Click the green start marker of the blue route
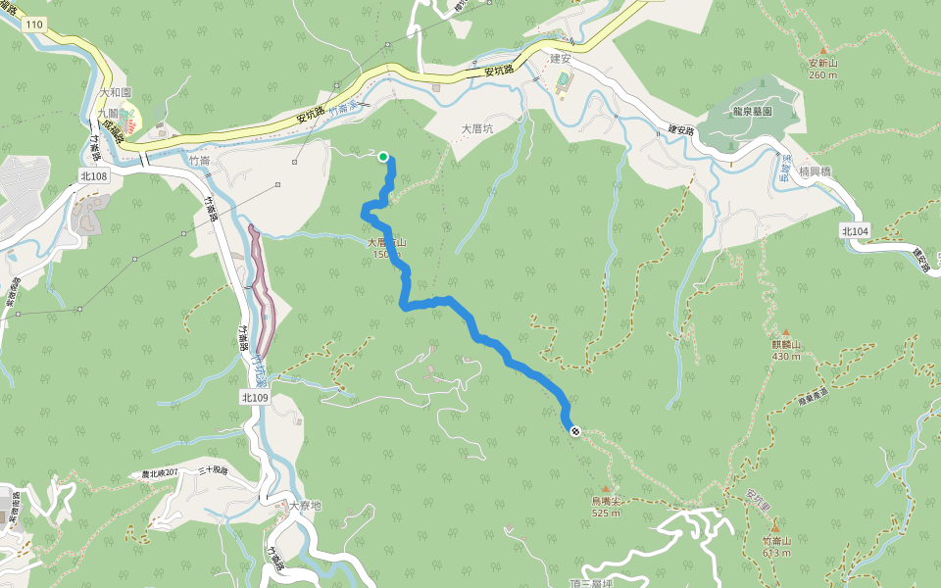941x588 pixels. coord(382,156)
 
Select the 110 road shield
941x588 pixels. coord(34,23)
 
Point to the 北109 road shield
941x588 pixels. coord(254,398)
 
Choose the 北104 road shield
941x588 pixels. coord(855,230)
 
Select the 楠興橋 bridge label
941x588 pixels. coord(815,171)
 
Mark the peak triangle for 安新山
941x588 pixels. coord(823,50)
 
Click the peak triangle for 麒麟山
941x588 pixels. coord(785,332)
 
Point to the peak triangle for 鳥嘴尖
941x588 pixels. coord(606,488)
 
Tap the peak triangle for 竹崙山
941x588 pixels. coord(775,527)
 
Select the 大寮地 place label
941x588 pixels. coord(305,507)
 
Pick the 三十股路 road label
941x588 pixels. coord(213,471)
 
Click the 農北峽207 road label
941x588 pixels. coord(160,473)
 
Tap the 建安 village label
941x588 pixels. coord(560,59)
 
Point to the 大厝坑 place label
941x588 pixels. coord(477,128)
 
